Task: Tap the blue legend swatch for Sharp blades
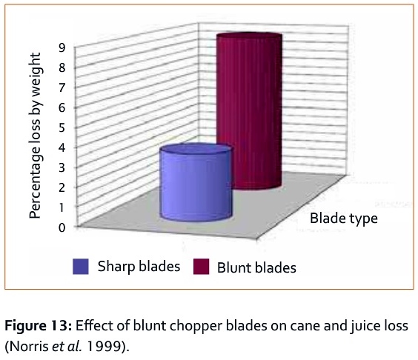80,267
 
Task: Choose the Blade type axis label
344,218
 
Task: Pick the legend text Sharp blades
139,267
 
